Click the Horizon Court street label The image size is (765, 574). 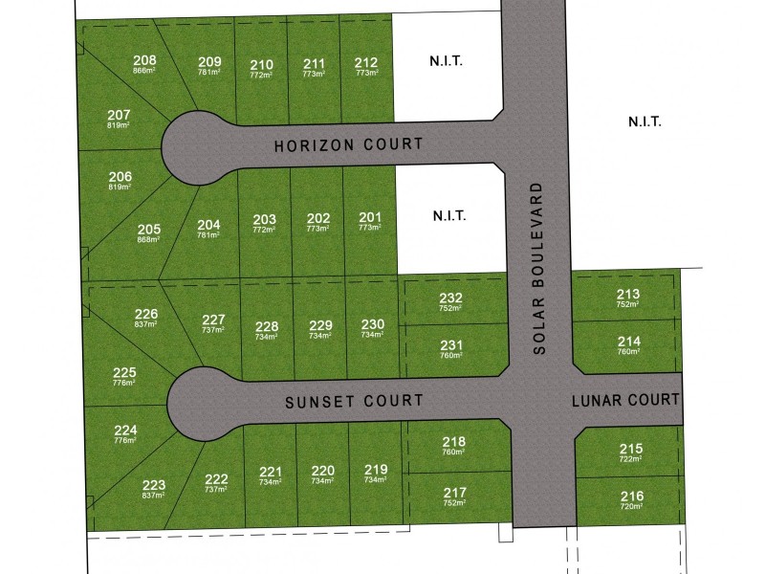pos(348,145)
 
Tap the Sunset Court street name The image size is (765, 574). pos(354,403)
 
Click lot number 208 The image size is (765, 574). pos(145,59)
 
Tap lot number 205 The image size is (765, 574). pos(149,229)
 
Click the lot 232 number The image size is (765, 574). pos(451,298)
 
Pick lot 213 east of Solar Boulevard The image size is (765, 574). pos(628,294)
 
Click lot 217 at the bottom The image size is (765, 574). pos(455,493)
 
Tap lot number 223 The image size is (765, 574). pos(154,485)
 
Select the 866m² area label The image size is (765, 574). pos(145,71)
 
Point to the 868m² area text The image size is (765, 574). pos(149,240)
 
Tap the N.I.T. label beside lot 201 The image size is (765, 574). pos(448,215)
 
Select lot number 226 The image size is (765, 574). pos(146,313)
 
